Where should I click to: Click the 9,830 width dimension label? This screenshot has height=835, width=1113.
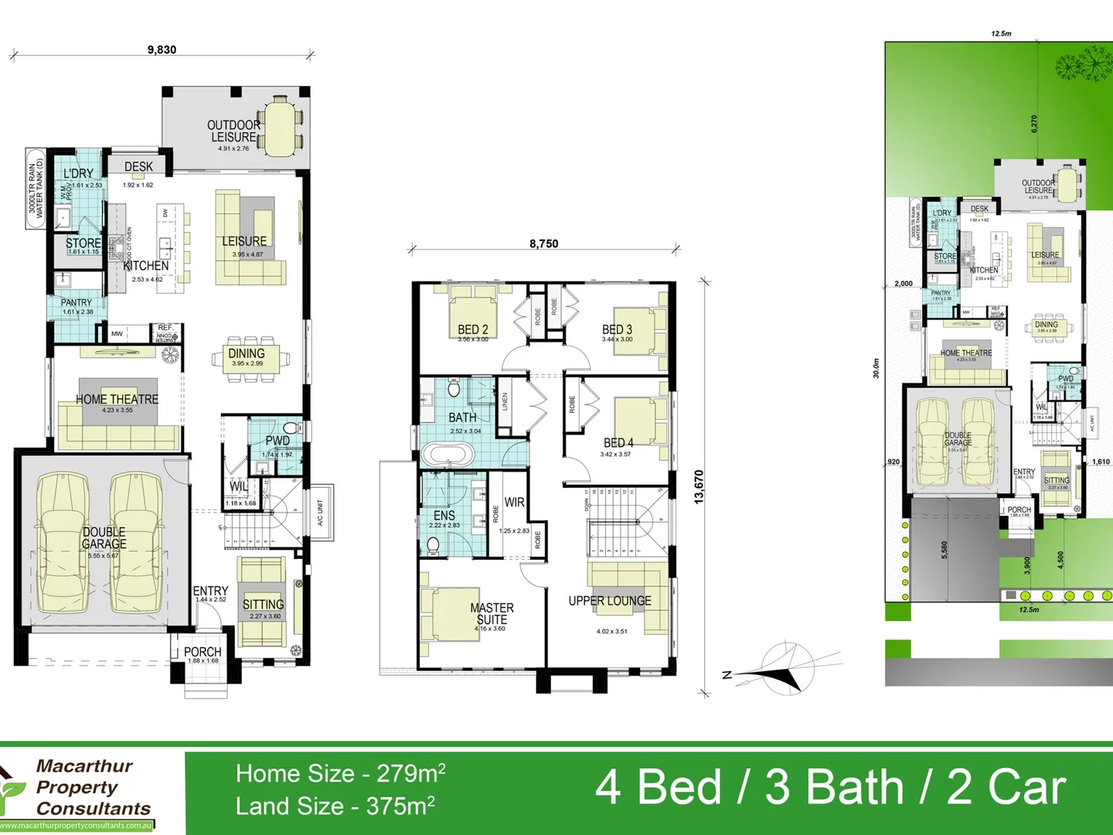pyautogui.click(x=162, y=49)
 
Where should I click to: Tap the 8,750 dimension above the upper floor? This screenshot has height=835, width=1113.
pyautogui.click(x=543, y=244)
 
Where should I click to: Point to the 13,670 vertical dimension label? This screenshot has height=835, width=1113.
pyautogui.click(x=699, y=487)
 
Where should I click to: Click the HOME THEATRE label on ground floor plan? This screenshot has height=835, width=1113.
pyautogui.click(x=117, y=399)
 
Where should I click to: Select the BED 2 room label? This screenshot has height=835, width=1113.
pyautogui.click(x=472, y=329)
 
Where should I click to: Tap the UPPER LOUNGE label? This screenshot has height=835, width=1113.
pyautogui.click(x=609, y=601)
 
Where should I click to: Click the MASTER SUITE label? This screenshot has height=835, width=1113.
pyautogui.click(x=492, y=614)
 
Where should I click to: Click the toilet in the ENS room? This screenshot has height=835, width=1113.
pyautogui.click(x=433, y=546)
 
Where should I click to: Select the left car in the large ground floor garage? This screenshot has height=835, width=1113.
pyautogui.click(x=62, y=541)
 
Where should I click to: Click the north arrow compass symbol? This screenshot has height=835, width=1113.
pyautogui.click(x=787, y=670)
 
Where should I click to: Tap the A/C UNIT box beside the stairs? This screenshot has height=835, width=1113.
pyautogui.click(x=320, y=512)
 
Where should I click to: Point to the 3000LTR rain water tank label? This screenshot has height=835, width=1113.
pyautogui.click(x=36, y=188)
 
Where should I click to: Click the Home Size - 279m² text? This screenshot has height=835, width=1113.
pyautogui.click(x=340, y=773)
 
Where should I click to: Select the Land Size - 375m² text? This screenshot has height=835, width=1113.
pyautogui.click(x=335, y=806)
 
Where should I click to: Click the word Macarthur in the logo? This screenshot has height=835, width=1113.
pyautogui.click(x=84, y=766)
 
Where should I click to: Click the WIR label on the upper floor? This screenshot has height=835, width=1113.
pyautogui.click(x=514, y=503)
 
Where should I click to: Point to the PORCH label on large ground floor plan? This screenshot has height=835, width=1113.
pyautogui.click(x=203, y=652)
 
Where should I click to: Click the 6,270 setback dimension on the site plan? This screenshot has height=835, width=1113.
pyautogui.click(x=1034, y=124)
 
